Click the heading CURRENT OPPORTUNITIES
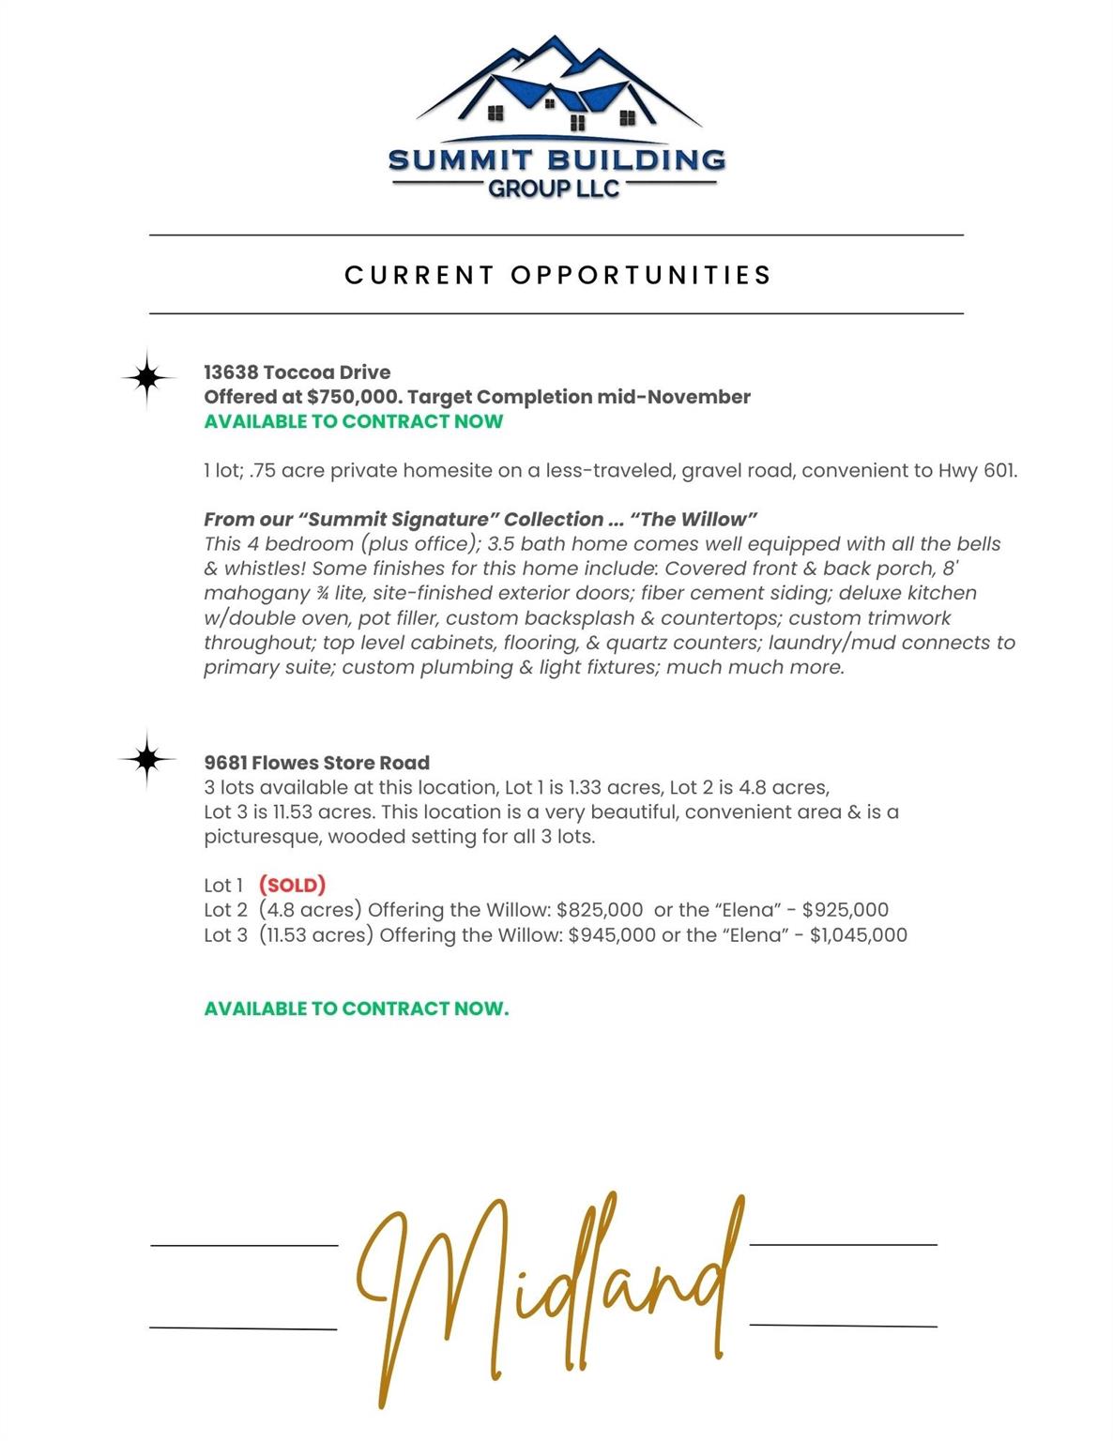557,275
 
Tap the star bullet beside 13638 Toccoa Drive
147,377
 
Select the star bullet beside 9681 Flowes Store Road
147,758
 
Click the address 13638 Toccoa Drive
297,372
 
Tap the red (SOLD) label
292,885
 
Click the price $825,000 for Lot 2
600,910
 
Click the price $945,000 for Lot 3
612,934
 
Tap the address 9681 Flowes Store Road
317,763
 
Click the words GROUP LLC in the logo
554,189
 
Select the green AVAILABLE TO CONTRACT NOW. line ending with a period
357,1009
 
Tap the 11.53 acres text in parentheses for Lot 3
316,934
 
